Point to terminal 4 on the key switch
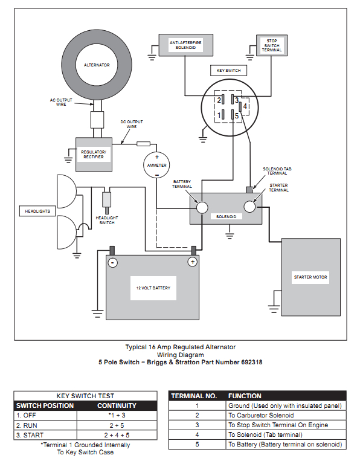click(245, 106)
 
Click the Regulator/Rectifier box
click(93, 153)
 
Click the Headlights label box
click(37, 211)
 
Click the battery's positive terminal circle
click(193, 262)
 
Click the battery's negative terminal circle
click(112, 262)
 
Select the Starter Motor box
click(310, 277)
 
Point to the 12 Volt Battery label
click(153, 288)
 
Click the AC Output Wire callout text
click(62, 102)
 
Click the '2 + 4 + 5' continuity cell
click(117, 434)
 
